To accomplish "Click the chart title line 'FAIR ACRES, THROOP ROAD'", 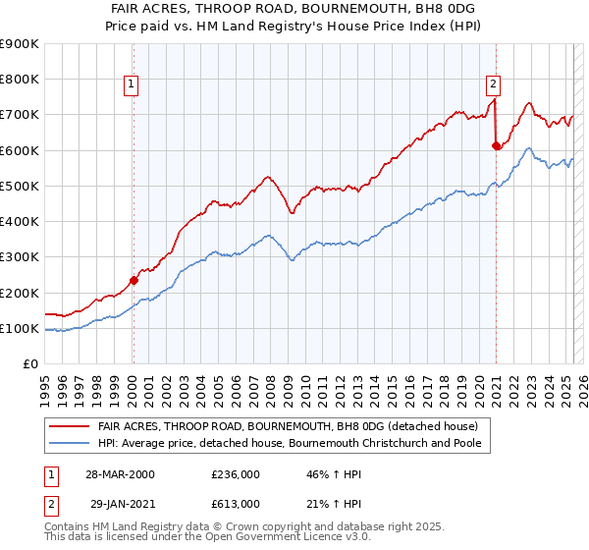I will point(294,7).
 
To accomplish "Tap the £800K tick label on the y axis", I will point(19,80).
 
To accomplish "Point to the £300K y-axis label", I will point(19,257).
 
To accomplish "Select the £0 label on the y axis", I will point(29,364).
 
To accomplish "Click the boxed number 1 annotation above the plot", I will point(132,85).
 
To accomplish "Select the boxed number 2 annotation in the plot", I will point(493,84).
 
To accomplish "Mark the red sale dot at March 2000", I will point(134,280).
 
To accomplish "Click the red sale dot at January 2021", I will point(497,146).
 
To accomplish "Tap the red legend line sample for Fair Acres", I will point(70,426).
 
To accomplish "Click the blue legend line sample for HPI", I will point(70,443).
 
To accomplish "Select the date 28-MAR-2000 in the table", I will point(121,474).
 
